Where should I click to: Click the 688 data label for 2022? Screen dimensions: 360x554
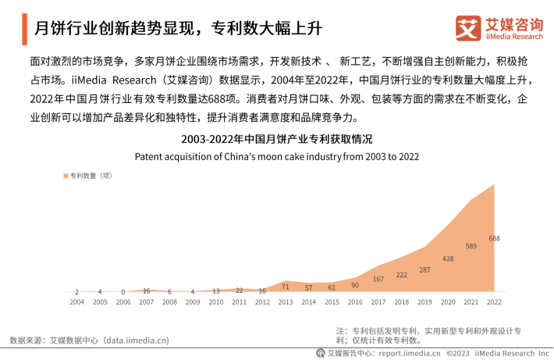pos(494,238)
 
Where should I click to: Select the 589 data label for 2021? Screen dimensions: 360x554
pos(471,247)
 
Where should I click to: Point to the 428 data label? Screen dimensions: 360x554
pos(448,258)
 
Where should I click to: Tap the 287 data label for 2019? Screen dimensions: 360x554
pos(424,269)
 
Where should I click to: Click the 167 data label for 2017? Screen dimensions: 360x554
pos(378,279)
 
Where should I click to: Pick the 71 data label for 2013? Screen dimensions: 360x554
pos(286,287)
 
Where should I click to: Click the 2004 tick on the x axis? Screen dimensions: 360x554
pos(76,301)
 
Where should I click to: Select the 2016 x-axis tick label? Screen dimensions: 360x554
pos(355,301)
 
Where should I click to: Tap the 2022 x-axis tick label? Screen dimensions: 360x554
pos(494,301)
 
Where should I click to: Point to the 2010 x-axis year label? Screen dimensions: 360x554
pos(215,301)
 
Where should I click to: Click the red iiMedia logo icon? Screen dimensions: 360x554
pos(468,29)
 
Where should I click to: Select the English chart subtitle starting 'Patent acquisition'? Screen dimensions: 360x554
pos(277,156)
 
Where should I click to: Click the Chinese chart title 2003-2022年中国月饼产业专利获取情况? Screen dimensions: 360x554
pos(277,140)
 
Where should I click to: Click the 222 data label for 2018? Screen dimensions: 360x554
pos(401,275)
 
